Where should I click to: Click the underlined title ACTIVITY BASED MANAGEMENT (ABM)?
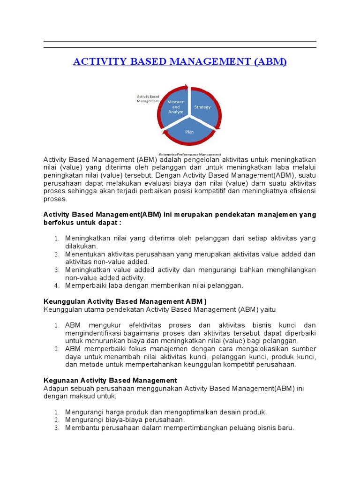[180, 62]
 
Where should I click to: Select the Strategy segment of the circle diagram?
[202, 107]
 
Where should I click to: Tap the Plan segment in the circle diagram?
[189, 132]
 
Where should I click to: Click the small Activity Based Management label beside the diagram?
[148, 98]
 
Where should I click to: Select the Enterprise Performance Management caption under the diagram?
[190, 154]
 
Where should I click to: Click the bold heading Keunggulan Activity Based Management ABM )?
[125, 301]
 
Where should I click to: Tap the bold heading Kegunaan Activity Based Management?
[110, 380]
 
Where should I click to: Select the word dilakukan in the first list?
[81, 246]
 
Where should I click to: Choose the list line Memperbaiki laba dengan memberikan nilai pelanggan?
[154, 285]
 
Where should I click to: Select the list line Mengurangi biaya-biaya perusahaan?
[125, 420]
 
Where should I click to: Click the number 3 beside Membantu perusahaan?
[56, 428]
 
